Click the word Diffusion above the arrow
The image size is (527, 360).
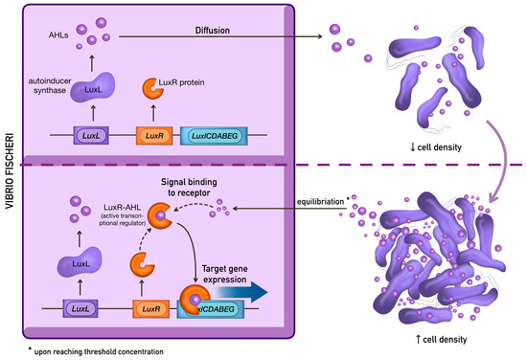point(213,31)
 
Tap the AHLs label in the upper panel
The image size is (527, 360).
point(58,35)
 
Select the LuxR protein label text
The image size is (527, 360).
point(181,82)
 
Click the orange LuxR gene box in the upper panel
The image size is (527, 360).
point(154,136)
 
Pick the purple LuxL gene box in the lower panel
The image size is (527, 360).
point(80,308)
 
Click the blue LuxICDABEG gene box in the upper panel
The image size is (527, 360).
point(214,136)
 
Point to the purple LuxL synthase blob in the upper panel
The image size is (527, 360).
point(93,87)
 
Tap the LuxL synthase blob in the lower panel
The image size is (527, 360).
point(80,262)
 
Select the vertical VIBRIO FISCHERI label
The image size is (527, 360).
point(10,171)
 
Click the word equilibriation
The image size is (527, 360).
point(320,202)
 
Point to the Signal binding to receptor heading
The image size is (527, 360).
point(189,188)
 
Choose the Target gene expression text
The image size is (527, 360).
point(225,274)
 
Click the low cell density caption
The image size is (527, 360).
point(436,147)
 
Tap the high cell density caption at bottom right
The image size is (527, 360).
point(441,339)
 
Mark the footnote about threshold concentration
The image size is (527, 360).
point(97,351)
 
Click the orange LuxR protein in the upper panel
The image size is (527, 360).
point(153,89)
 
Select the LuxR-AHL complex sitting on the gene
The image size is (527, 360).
point(195,300)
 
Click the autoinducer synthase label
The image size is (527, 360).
point(50,85)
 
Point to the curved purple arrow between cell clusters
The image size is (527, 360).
point(504,161)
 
